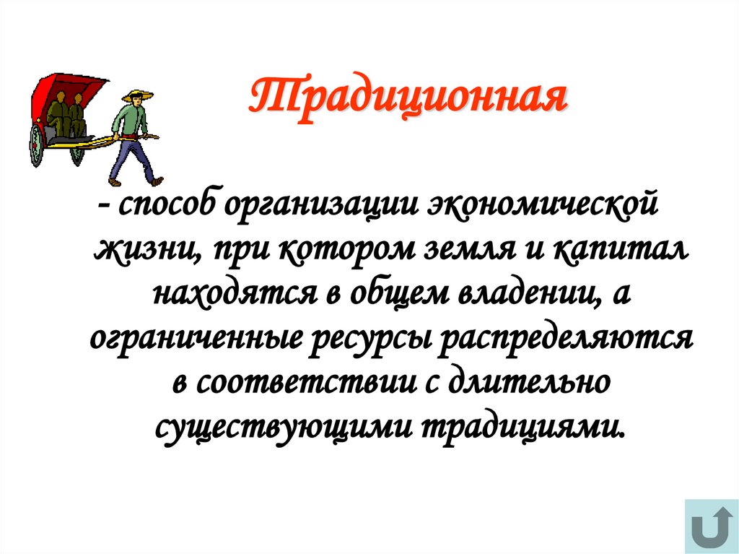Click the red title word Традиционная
[x=408, y=99]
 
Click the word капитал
[x=623, y=250]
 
